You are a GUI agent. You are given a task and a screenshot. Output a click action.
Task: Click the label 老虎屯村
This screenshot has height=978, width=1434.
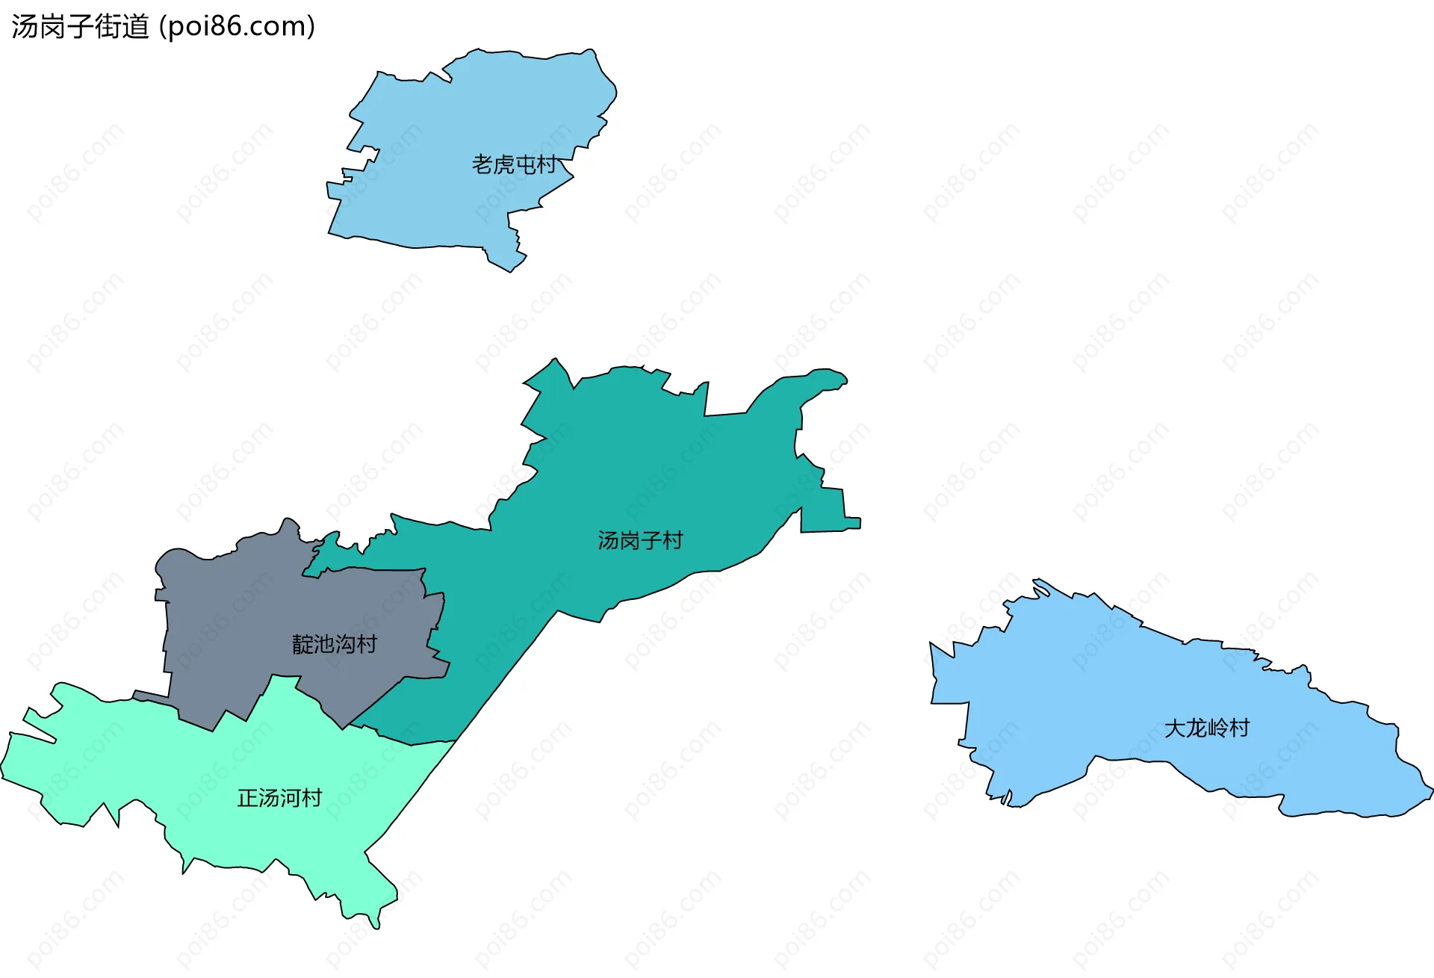click(x=514, y=164)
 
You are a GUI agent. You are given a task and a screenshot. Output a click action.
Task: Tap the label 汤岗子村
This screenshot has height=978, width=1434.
click(x=640, y=539)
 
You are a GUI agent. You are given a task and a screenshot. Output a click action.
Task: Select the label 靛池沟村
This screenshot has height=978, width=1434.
click(x=334, y=643)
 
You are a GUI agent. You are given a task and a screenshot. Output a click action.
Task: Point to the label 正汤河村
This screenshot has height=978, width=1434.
click(x=279, y=798)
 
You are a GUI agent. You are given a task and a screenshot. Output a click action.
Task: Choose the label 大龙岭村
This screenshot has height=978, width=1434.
click(x=1206, y=727)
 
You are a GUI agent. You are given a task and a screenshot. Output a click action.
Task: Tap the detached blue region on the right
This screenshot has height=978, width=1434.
click(x=1120, y=695)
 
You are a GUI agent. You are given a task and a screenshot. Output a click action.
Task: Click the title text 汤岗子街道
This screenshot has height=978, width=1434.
click(x=80, y=26)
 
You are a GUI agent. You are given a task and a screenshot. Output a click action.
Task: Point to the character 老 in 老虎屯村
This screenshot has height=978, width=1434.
click(x=482, y=164)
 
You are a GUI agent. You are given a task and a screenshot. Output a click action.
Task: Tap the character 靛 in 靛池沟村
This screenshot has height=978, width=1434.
click(x=302, y=643)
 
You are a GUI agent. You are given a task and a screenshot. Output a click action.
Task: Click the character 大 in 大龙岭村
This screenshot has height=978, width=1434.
click(x=1175, y=727)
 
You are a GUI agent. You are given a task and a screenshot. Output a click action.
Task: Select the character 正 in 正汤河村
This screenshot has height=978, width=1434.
click(x=248, y=798)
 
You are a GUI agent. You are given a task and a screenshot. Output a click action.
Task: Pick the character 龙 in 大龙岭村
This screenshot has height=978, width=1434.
click(x=1196, y=727)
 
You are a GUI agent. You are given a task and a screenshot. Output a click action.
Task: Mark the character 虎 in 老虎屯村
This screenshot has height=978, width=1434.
click(x=503, y=164)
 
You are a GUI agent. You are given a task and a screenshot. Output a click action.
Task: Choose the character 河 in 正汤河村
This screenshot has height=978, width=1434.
click(x=290, y=798)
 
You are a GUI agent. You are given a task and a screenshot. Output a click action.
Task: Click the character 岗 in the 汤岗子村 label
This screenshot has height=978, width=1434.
click(x=630, y=539)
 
